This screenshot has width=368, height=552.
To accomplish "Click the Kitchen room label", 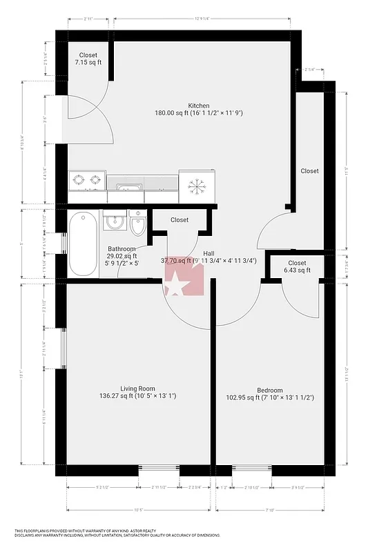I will (179, 106).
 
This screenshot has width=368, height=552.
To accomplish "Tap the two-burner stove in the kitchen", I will (87, 181).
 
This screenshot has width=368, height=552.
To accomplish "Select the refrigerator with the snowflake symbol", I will (197, 186).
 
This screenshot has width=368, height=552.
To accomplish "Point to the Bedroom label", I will (271, 389).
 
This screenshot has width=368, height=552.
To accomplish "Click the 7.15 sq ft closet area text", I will (88, 63).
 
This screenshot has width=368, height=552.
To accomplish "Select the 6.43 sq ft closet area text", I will (297, 270).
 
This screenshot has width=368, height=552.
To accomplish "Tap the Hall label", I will (208, 253).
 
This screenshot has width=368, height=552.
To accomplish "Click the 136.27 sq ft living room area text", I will (137, 396).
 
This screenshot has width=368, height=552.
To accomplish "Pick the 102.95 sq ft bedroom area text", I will (271, 397).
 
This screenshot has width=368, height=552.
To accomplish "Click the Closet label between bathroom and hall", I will (179, 220).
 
